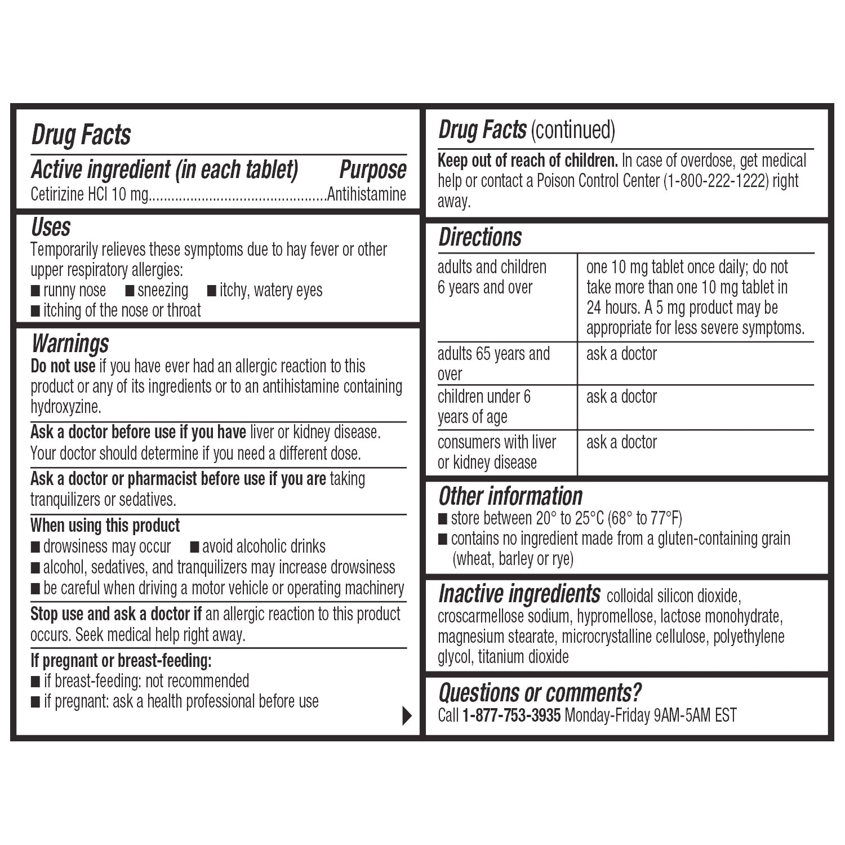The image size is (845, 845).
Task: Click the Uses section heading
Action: (x=51, y=228)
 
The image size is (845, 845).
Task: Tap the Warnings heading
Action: (x=70, y=343)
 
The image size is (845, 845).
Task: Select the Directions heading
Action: (x=480, y=237)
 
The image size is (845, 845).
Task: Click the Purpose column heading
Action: (x=372, y=170)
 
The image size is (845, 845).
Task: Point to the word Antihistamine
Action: (x=367, y=194)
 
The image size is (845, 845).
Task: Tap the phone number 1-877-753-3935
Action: (x=511, y=715)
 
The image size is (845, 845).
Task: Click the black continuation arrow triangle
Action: (x=407, y=715)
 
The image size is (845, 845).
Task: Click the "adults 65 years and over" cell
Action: (x=493, y=363)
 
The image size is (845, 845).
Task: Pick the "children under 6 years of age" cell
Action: (x=484, y=407)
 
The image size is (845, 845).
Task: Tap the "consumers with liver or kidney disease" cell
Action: (x=496, y=452)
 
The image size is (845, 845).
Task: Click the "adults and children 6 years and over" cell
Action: (x=492, y=277)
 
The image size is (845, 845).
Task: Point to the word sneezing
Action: (x=163, y=291)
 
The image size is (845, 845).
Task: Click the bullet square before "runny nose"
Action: (x=35, y=291)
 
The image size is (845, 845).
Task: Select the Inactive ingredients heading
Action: (x=519, y=594)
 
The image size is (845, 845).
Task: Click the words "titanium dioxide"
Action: (x=523, y=657)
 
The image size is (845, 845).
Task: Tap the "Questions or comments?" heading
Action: (x=540, y=692)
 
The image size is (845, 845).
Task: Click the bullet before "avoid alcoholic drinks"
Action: (x=195, y=547)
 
